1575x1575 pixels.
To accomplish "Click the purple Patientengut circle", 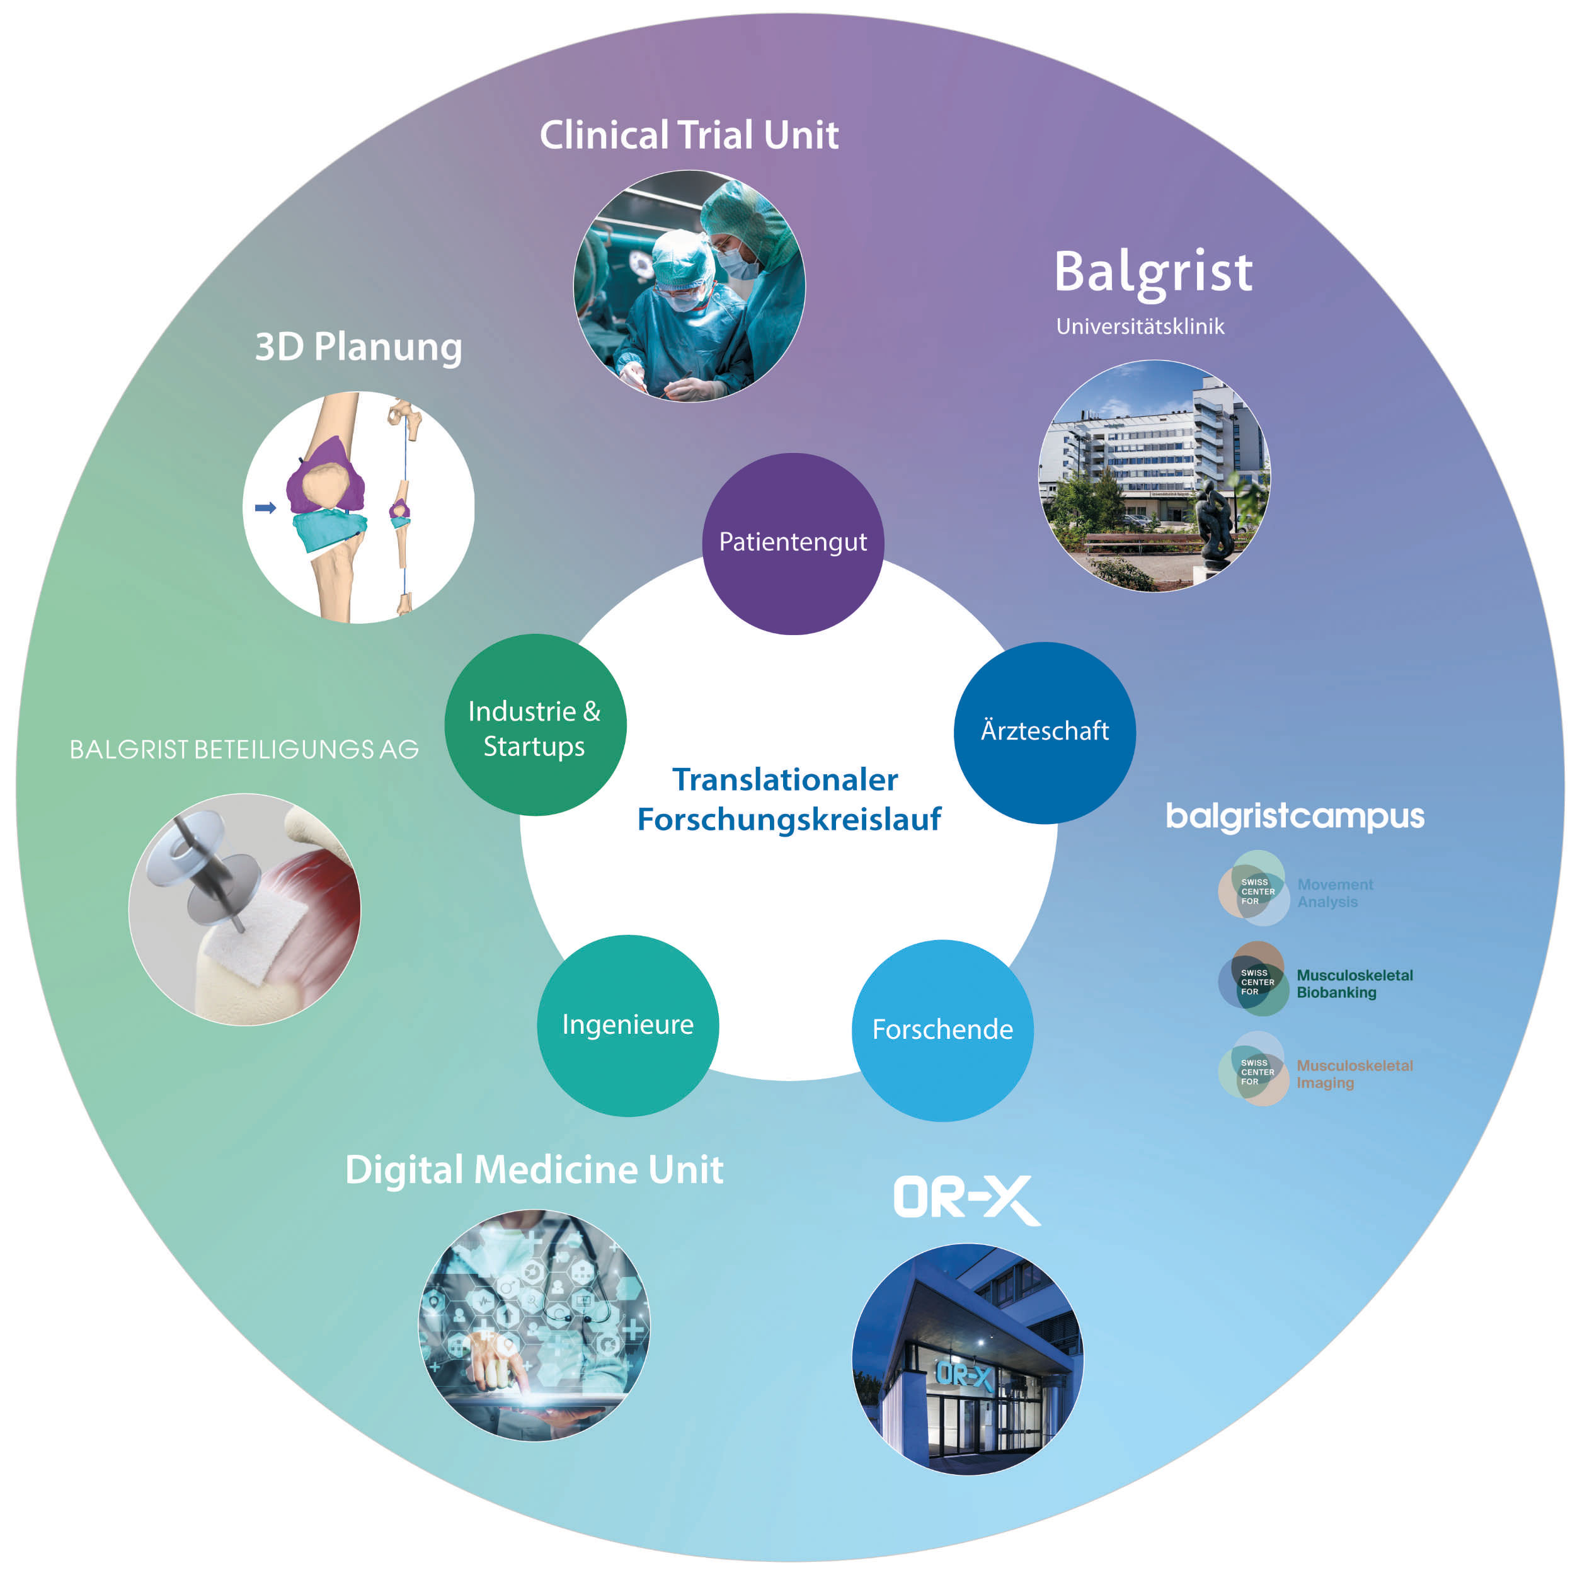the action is (793, 544).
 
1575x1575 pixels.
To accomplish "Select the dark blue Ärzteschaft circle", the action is (1045, 733).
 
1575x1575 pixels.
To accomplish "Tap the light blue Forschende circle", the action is (942, 1031).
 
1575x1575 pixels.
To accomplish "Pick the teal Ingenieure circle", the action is (627, 1026).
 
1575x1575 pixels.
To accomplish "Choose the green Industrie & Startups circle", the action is (535, 724).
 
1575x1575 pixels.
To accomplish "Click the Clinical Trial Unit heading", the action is (689, 135).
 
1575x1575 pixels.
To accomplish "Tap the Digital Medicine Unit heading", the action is (534, 1170).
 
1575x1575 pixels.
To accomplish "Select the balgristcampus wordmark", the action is (1295, 816).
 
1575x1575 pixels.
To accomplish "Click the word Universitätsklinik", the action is (1140, 327).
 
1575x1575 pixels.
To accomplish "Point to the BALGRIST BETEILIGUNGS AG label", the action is (244, 749).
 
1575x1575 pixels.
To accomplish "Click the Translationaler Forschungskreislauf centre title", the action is (789, 799).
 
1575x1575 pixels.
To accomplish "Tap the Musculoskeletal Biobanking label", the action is (1354, 983).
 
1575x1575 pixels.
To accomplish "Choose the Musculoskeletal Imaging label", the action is (1354, 1074).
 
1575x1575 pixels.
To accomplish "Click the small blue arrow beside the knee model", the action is (266, 508).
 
